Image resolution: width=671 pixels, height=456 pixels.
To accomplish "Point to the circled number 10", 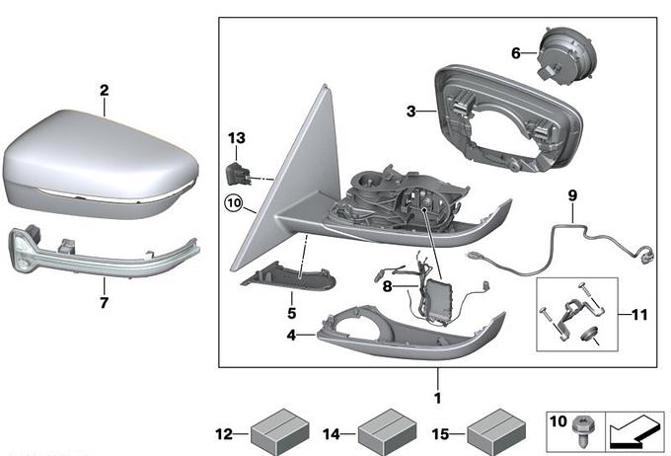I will [232, 202].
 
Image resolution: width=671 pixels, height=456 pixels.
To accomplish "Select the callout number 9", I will [570, 196].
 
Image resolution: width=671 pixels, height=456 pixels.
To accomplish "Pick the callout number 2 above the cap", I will [104, 91].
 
